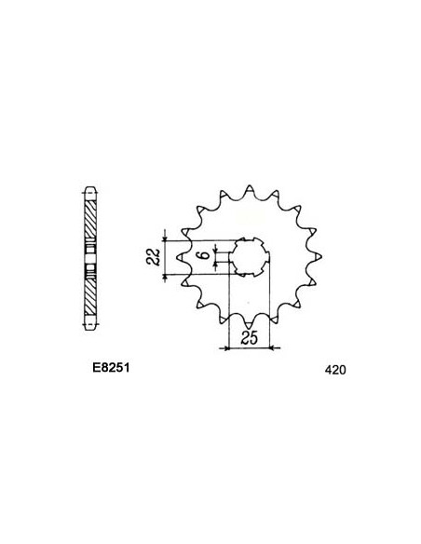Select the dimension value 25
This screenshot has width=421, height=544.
coord(248,337)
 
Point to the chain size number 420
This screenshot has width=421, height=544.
coord(336,370)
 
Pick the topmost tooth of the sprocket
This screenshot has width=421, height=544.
coord(249,182)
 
